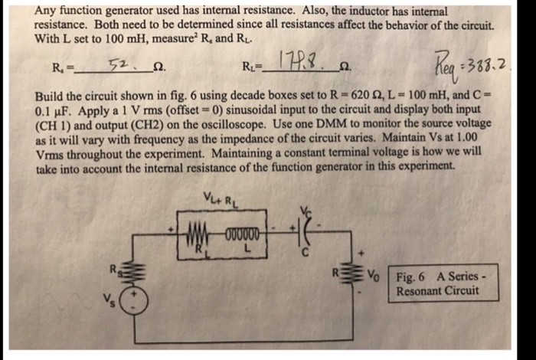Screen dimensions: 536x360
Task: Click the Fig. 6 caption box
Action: click(x=437, y=283)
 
